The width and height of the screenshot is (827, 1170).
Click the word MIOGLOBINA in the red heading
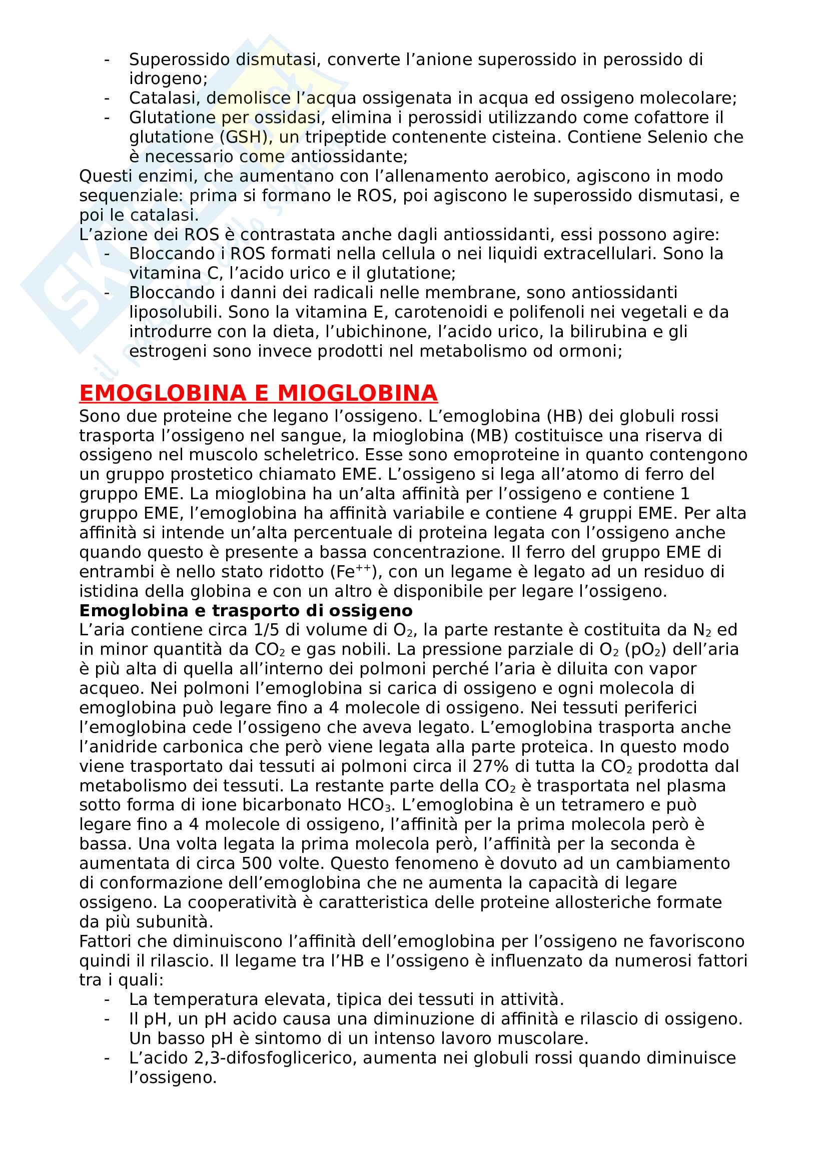click(357, 393)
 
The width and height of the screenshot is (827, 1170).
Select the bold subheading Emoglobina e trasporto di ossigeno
click(246, 610)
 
